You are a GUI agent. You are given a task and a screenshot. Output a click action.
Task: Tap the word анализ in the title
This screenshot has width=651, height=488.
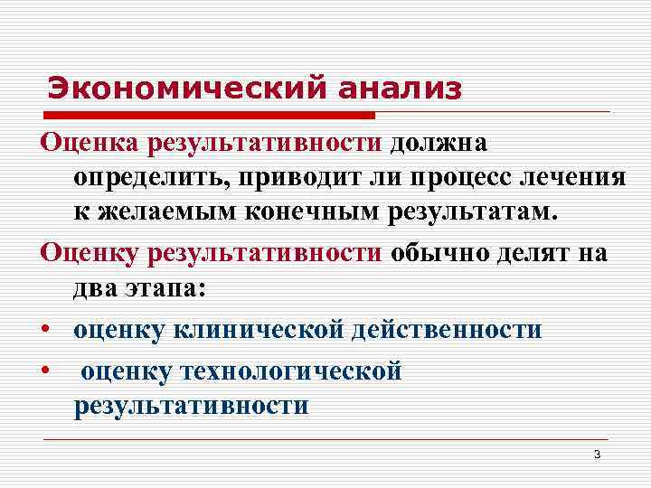(399, 89)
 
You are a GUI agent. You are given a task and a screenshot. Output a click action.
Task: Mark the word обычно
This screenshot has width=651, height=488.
(439, 252)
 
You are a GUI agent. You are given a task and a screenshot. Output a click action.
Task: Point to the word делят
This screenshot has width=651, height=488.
(534, 252)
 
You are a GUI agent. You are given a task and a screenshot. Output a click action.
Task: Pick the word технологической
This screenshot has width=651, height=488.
(291, 371)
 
